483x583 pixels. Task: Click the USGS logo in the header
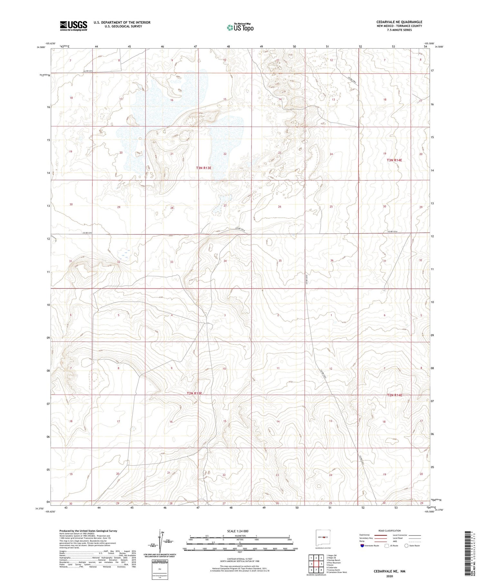click(x=73, y=26)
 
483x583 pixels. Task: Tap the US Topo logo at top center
click(x=240, y=28)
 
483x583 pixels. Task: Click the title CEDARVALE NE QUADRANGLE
click(x=399, y=22)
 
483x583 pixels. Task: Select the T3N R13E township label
click(x=204, y=168)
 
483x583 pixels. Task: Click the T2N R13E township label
click(x=194, y=393)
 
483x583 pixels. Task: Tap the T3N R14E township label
click(x=394, y=160)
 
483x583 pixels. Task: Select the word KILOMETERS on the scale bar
click(x=240, y=536)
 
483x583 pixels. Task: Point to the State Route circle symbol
click(x=406, y=546)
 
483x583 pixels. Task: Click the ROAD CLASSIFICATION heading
click(x=390, y=531)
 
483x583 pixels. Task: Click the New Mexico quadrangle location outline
click(x=323, y=537)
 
